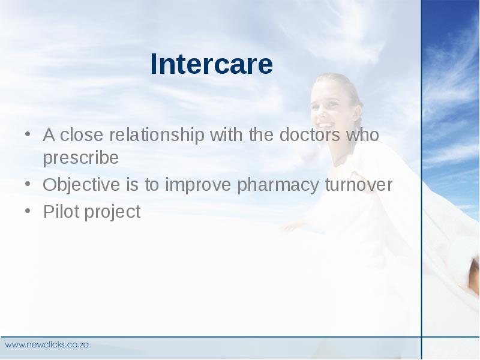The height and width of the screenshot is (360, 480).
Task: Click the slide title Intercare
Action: [x=212, y=64]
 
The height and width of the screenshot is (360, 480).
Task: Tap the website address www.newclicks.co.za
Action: [x=47, y=344]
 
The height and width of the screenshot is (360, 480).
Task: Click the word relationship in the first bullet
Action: [x=157, y=135]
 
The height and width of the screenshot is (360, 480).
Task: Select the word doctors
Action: [x=310, y=134]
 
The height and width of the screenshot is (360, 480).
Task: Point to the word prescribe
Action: [x=81, y=158]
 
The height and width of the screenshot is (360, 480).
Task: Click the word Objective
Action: [x=81, y=185]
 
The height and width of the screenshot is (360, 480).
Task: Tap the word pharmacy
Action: [x=278, y=185]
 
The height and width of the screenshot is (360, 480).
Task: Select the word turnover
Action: [x=358, y=185]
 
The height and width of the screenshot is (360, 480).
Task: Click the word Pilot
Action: [x=61, y=211]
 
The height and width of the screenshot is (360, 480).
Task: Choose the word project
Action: [x=112, y=212]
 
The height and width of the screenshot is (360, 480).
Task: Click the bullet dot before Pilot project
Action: [x=28, y=211]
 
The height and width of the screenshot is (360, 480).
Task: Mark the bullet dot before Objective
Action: [x=28, y=184]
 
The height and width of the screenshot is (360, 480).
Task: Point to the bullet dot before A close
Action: [x=28, y=134]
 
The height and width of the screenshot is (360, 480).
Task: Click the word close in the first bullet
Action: [x=82, y=134]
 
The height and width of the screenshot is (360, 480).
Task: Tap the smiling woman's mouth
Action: [x=325, y=125]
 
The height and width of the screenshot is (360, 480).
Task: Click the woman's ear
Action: [x=356, y=113]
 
